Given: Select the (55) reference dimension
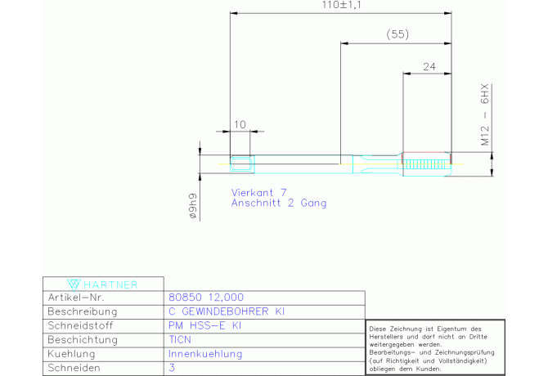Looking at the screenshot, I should click(397, 34).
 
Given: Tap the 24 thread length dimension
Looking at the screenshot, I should click(429, 67).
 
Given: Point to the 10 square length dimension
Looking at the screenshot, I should click(240, 124).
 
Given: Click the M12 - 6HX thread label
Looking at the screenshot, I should click(484, 114).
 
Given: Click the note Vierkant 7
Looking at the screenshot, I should click(259, 192).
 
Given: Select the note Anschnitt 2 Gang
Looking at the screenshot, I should click(278, 203).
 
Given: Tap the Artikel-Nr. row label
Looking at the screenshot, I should click(77, 298).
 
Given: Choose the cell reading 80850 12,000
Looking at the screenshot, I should click(205, 298).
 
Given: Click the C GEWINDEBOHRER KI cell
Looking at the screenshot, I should click(227, 311).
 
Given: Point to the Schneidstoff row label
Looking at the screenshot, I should click(79, 325).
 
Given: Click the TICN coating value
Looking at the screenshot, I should click(179, 339).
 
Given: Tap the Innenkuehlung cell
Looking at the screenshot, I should click(204, 354).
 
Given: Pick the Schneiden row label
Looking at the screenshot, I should click(74, 368).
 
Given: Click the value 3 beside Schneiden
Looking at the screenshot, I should click(171, 368).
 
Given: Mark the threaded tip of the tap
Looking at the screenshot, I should click(426, 161).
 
